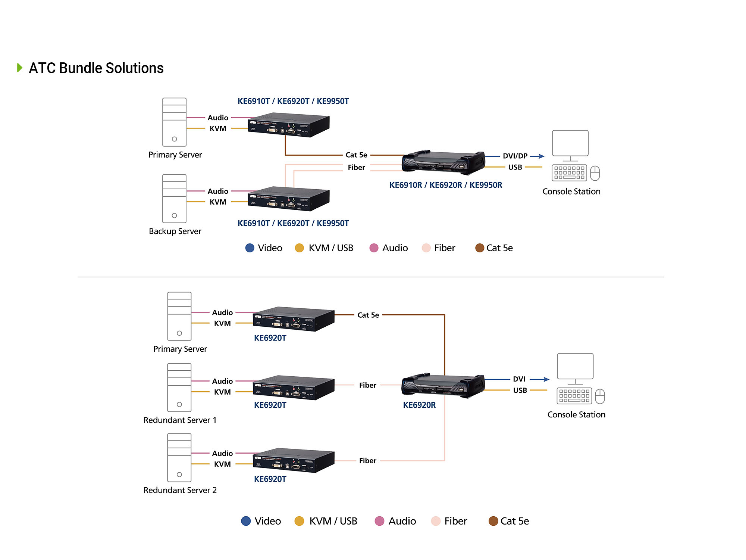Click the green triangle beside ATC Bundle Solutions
click(20, 68)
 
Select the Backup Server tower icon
click(174, 199)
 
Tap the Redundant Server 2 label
click(180, 490)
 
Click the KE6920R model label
click(419, 405)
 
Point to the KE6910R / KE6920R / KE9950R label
click(446, 185)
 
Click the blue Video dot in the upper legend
click(250, 248)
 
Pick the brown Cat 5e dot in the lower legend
click(493, 521)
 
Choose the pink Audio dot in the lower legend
click(379, 521)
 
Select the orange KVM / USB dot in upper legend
click(299, 248)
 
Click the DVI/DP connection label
click(515, 156)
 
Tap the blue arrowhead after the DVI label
click(546, 379)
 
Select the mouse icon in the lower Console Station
click(600, 396)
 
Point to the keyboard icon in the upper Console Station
click(569, 173)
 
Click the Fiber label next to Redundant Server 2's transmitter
click(368, 461)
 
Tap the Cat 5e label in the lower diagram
click(368, 315)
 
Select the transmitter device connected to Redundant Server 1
click(294, 388)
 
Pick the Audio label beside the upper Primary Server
click(218, 118)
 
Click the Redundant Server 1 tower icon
click(179, 388)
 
